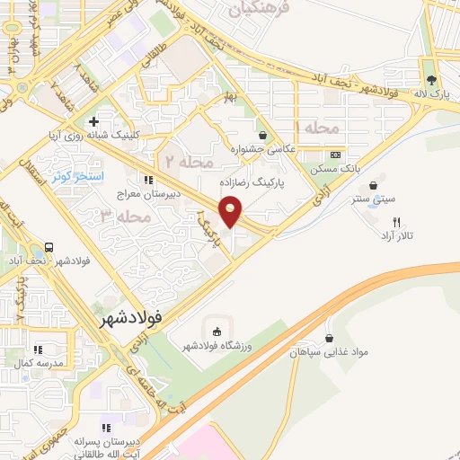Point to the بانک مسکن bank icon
[x=334, y=154]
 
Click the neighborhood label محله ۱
[x=320, y=128]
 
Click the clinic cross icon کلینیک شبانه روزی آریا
[x=93, y=121]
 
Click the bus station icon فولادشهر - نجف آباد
[x=48, y=248]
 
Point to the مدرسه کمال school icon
[x=37, y=349]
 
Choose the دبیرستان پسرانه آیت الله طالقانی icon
[x=106, y=428]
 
